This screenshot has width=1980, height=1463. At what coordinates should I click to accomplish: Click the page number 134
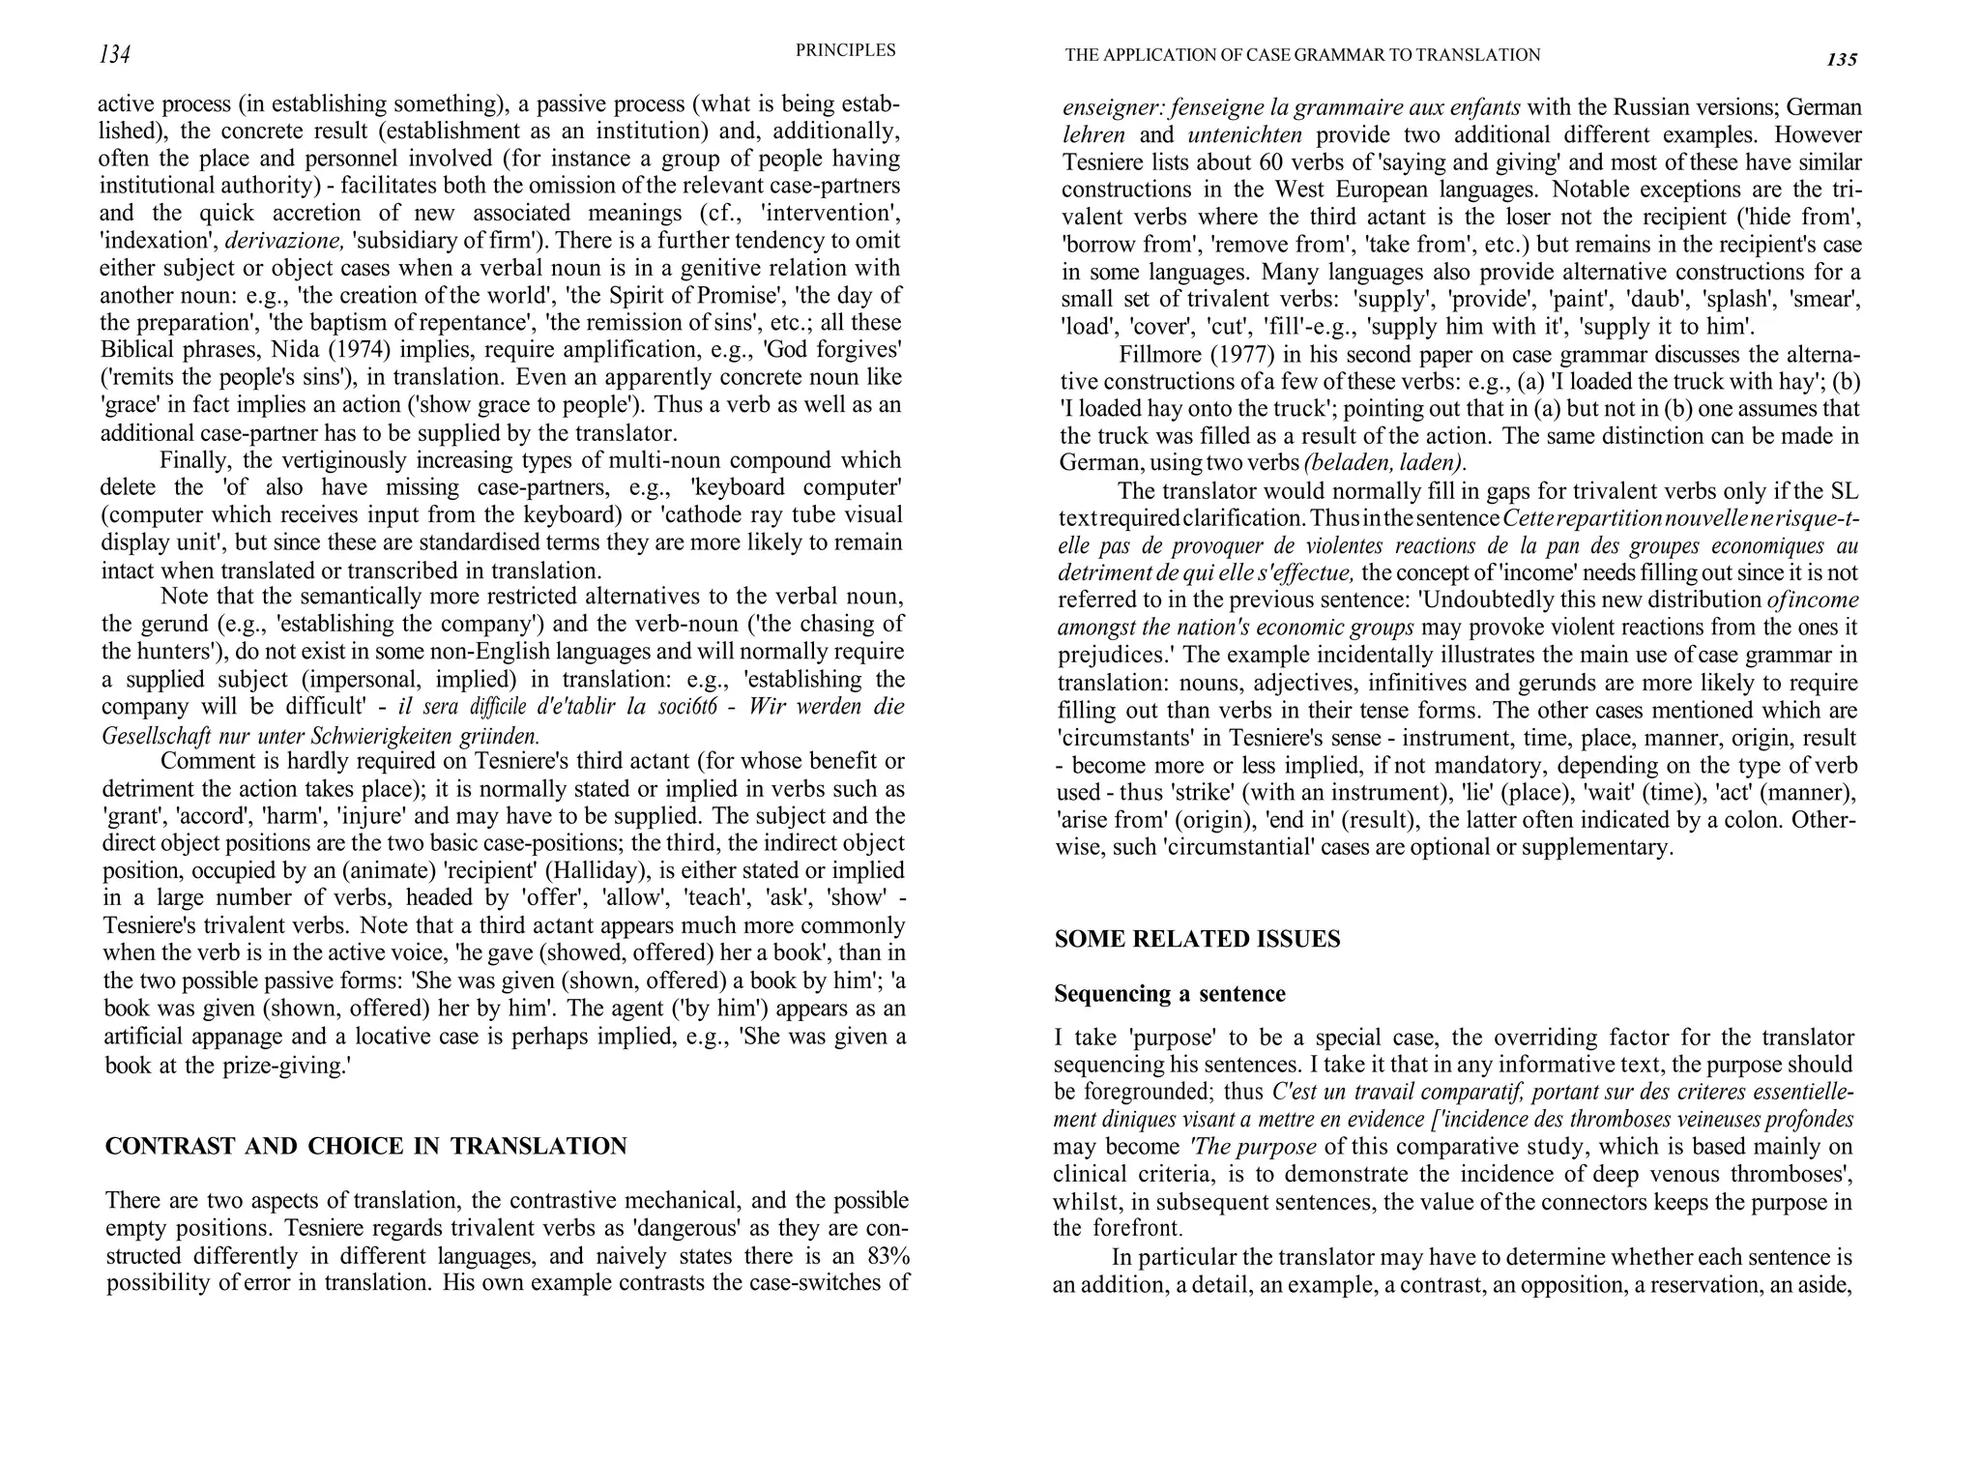pyautogui.click(x=115, y=55)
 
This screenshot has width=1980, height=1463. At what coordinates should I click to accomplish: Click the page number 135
pyautogui.click(x=1842, y=60)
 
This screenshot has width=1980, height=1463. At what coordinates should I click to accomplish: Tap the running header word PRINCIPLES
pyautogui.click(x=845, y=50)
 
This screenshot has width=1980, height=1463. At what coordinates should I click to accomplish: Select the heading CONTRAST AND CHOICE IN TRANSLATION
pyautogui.click(x=365, y=1147)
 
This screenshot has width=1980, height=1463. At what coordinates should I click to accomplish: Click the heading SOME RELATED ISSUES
pyautogui.click(x=1197, y=939)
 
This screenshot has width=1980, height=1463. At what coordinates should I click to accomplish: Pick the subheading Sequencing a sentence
pyautogui.click(x=1169, y=994)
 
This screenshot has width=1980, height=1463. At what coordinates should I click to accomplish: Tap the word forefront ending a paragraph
pyautogui.click(x=1137, y=1229)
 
